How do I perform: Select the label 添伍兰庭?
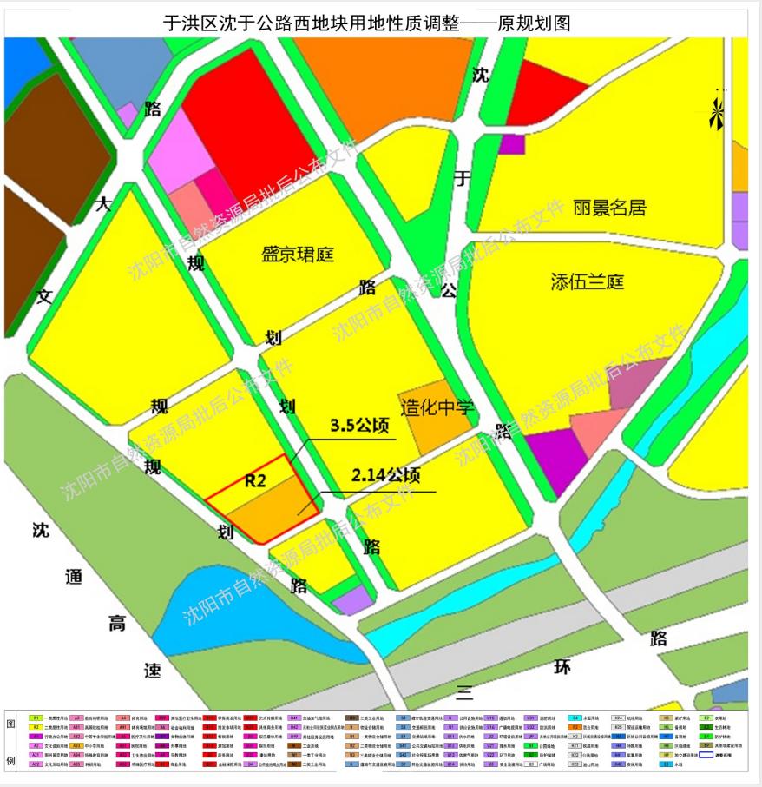588,281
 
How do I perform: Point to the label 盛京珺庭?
298,255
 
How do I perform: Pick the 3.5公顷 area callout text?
358,427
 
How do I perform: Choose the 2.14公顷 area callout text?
385,476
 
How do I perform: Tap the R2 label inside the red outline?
255,479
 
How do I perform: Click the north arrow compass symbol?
717,113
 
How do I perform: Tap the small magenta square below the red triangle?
512,144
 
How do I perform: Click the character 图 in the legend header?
11,724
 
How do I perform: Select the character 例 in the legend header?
11,761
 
